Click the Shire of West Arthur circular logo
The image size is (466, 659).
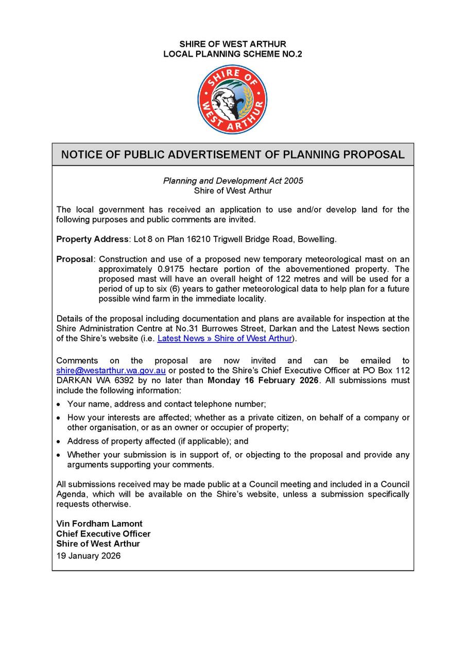pyautogui.click(x=232, y=99)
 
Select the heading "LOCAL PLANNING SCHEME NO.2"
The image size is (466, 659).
pyautogui.click(x=232, y=54)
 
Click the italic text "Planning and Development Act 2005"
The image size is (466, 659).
pyautogui.click(x=233, y=181)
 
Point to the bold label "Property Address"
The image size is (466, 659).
pyautogui.click(x=92, y=239)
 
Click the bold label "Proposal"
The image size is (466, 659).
pyautogui.click(x=75, y=259)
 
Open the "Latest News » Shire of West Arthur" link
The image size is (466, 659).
pyautogui.click(x=225, y=338)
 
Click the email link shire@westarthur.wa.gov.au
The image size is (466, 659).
pyautogui.click(x=111, y=371)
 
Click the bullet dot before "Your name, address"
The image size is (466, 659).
pyautogui.click(x=60, y=405)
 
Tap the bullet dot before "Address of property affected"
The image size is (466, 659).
pyautogui.click(x=60, y=442)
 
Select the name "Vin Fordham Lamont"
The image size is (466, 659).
pyautogui.click(x=99, y=524)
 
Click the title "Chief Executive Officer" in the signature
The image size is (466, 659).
pyautogui.click(x=103, y=533)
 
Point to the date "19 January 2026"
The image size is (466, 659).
pyautogui.click(x=89, y=556)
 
